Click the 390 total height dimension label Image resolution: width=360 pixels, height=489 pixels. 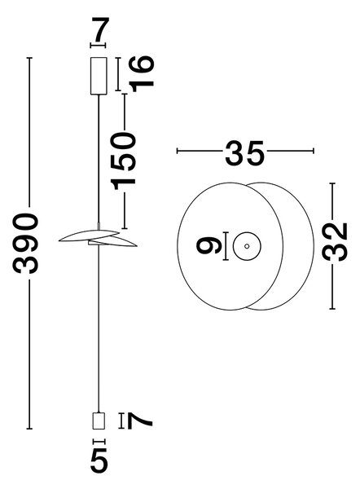coord(26,243)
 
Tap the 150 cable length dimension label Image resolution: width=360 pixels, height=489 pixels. coord(125,161)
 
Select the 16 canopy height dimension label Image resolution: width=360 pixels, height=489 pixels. coord(142,74)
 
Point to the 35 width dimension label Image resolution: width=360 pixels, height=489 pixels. coord(244,152)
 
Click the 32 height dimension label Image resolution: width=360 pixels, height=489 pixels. coord(335,242)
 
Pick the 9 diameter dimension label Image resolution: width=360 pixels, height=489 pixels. coord(209,244)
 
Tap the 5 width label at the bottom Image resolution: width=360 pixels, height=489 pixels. coord(99,460)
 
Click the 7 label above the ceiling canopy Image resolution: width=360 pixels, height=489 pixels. coord(99,29)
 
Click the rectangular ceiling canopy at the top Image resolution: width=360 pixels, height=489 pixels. coord(99,76)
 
